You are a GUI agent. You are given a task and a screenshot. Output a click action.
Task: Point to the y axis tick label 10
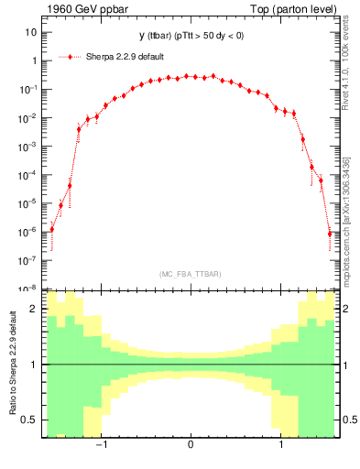(30, 32)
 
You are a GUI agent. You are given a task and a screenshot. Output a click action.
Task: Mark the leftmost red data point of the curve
(51, 229)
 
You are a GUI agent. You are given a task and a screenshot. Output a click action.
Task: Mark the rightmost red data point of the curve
(329, 234)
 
